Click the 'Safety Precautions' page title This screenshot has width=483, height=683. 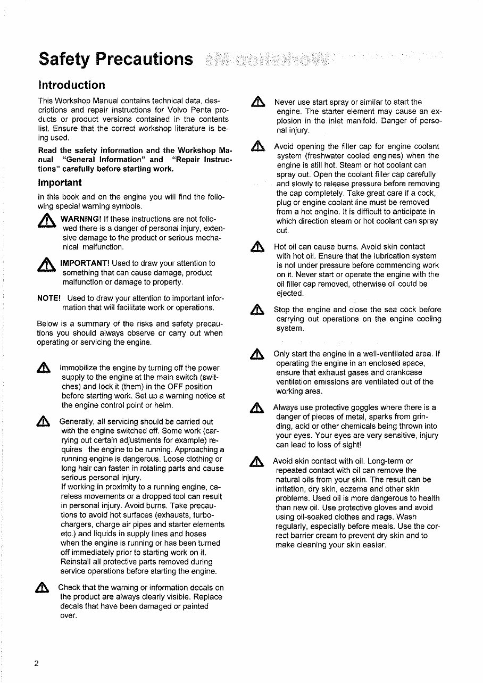tap(116, 59)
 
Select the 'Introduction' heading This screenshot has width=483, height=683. tap(72, 85)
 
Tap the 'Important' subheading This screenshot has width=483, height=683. tap(59, 183)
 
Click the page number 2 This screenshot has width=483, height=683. tap(37, 663)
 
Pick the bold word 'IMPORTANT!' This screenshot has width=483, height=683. tap(85, 263)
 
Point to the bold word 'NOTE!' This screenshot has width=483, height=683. tap(49, 298)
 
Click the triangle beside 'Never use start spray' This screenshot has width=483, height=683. tap(258, 103)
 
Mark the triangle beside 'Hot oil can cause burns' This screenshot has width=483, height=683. tap(258, 247)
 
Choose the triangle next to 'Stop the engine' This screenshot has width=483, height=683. tap(258, 310)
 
